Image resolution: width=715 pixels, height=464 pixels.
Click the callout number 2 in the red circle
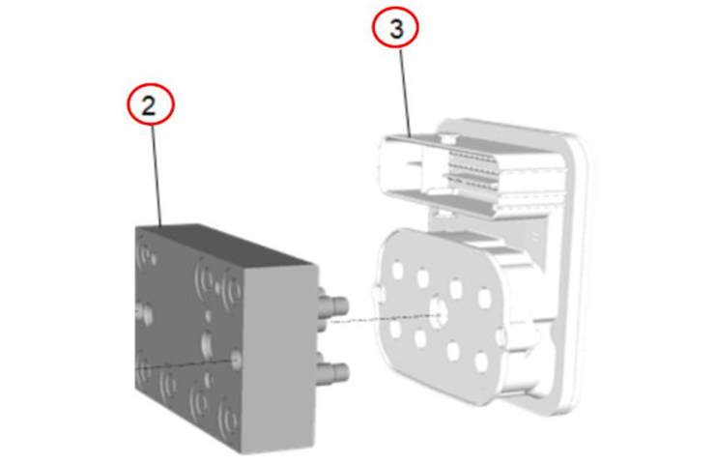[x=149, y=106]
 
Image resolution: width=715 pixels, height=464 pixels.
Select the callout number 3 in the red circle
[x=397, y=29]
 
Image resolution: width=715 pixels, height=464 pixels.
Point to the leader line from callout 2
[x=157, y=175]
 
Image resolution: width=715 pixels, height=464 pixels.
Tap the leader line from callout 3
[x=406, y=93]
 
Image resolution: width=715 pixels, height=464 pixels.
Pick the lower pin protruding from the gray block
[x=333, y=372]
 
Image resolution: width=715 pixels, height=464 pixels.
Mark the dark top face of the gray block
[x=223, y=245]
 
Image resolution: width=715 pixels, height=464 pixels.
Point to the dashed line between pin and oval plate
[x=382, y=318]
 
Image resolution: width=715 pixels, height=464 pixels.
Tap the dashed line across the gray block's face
[x=186, y=364]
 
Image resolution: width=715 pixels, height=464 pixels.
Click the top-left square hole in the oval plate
[x=398, y=271]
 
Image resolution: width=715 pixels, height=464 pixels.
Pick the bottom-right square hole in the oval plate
[x=481, y=362]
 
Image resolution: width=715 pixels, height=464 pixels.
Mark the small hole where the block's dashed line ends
[x=236, y=360]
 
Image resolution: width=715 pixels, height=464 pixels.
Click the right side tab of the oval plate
[x=500, y=336]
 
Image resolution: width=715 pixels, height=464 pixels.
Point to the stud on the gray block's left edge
[x=145, y=313]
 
